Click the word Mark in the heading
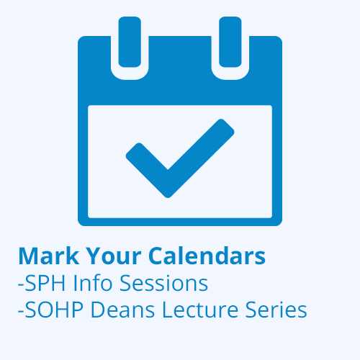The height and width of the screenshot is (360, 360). pos(49,256)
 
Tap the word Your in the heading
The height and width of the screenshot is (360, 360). pos(113,256)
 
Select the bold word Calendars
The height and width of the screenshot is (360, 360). pos(207,256)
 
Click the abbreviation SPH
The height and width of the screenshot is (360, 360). pos(45,283)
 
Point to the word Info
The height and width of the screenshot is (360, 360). pos(93,283)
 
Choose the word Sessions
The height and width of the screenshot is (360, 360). pos(163,283)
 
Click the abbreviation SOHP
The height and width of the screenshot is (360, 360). pos(54,310)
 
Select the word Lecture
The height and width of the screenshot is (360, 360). pos(200,310)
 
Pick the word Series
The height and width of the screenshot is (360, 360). pos(276,310)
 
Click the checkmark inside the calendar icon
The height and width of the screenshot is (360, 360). pos(180,158)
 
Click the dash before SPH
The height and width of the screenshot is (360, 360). pos(21,286)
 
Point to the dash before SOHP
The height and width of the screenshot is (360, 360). pos(21,312)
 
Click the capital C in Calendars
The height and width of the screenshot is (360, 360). pos(156,256)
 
